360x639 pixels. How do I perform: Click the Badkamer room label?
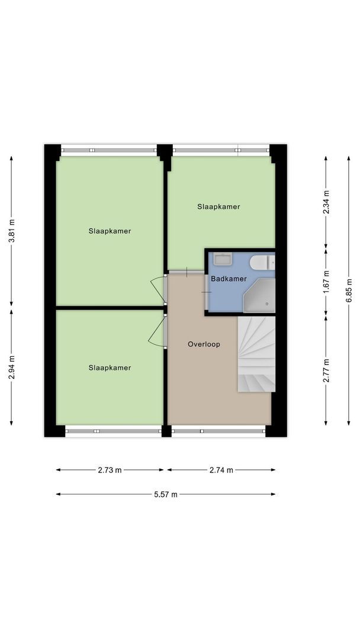point(229,279)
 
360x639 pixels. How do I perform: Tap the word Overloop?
point(204,344)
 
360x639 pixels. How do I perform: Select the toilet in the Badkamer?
point(261,262)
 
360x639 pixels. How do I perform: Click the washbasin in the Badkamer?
point(223,259)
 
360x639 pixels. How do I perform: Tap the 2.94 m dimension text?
point(11,367)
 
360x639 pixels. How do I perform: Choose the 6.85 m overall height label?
point(348,291)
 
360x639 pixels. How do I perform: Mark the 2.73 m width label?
point(110,470)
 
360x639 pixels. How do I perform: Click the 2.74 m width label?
point(221,470)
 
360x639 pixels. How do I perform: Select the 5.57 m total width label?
point(165,495)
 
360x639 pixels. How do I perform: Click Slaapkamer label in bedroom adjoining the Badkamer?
point(218,206)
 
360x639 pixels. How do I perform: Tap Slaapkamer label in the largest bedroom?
point(110,231)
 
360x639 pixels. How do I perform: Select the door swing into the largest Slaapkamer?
point(157,289)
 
